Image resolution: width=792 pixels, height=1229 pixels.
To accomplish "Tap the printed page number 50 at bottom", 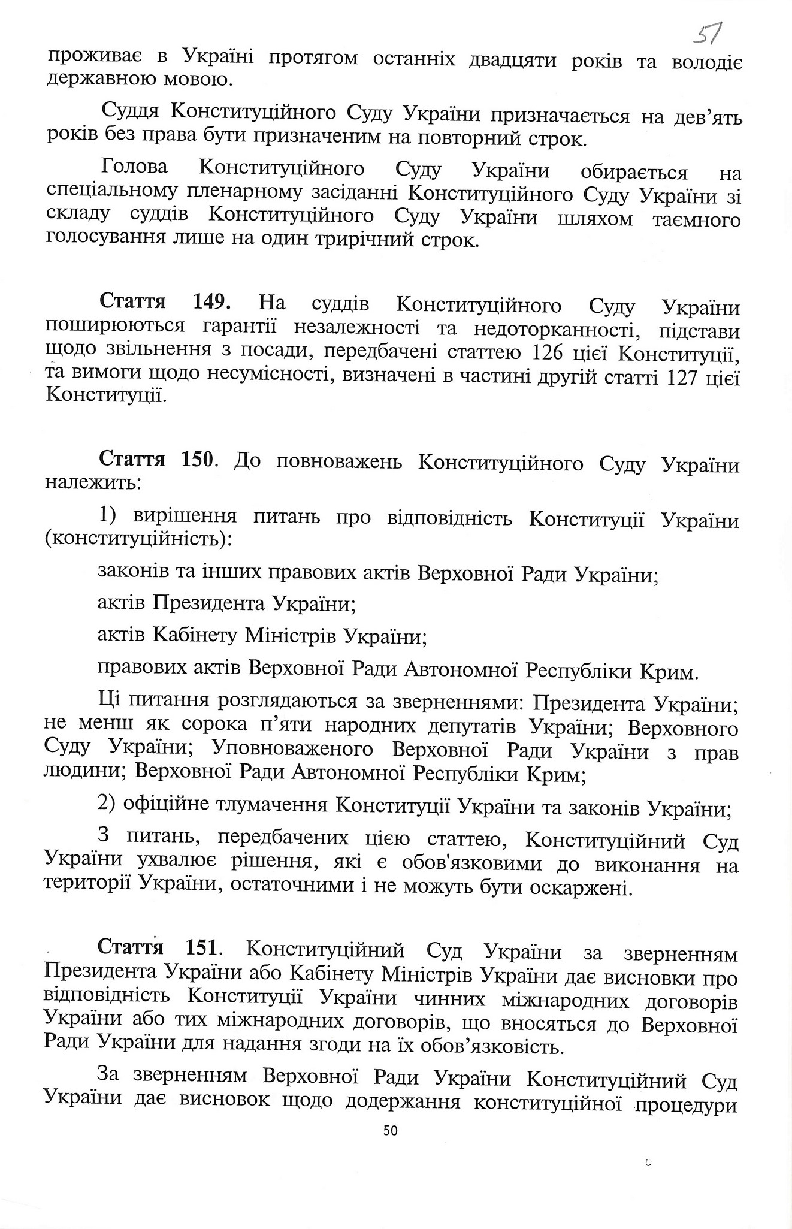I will (x=390, y=1130).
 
